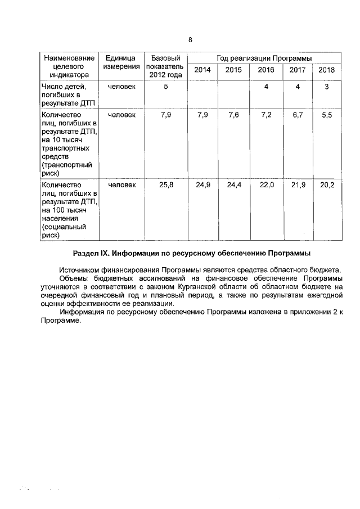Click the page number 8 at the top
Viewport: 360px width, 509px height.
click(190, 40)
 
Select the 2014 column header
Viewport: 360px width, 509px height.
click(203, 70)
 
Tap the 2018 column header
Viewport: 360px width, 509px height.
click(326, 70)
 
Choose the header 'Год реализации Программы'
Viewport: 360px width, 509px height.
click(264, 58)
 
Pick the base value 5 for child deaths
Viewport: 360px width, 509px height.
click(165, 87)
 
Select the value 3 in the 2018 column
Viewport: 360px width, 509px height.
click(326, 87)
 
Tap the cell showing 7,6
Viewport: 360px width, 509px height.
click(233, 115)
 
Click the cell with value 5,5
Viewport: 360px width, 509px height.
click(326, 115)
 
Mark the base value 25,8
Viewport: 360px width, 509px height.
click(165, 185)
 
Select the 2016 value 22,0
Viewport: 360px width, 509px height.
click(267, 185)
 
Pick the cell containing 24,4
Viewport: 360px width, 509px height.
click(233, 185)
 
